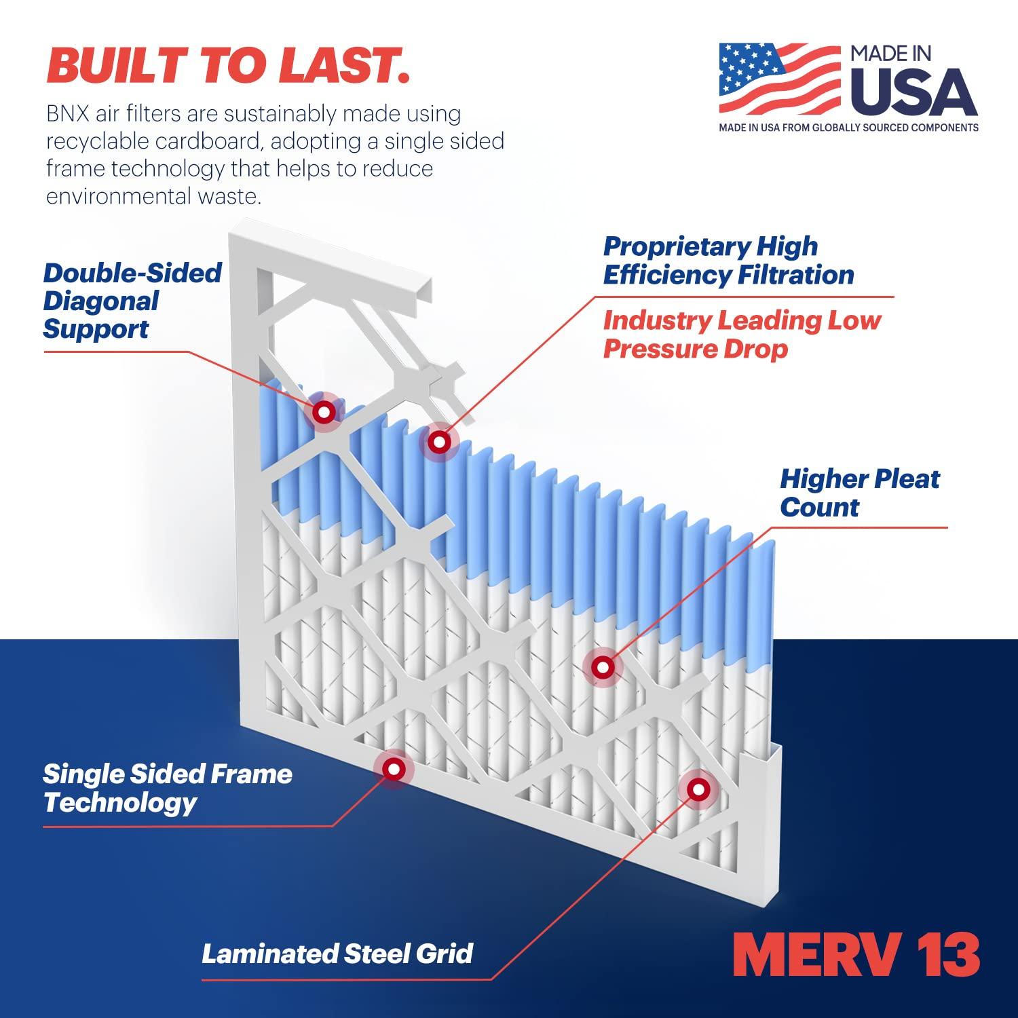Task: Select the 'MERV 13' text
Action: (x=856, y=955)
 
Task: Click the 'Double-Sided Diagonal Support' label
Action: (x=132, y=301)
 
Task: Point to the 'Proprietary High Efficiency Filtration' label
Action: (x=728, y=261)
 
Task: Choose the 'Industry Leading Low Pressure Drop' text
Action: (x=742, y=334)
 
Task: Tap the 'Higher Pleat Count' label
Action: (x=859, y=493)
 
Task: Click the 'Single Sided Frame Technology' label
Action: (x=168, y=788)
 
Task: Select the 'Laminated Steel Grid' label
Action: (x=337, y=953)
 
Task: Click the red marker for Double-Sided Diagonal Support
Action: (x=324, y=411)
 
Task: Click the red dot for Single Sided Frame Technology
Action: (x=392, y=768)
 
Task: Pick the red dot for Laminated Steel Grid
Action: (x=697, y=789)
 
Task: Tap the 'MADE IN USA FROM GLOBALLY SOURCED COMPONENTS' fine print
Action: (x=848, y=128)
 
